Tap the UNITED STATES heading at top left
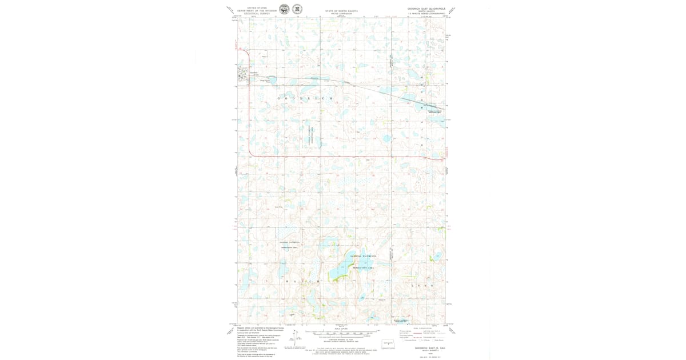point(257,8)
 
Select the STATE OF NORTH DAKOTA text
point(341,11)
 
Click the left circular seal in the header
point(284,9)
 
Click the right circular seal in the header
point(297,9)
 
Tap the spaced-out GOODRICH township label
point(305,99)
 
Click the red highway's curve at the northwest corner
point(247,53)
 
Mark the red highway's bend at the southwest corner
point(252,153)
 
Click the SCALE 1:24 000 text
point(341,329)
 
